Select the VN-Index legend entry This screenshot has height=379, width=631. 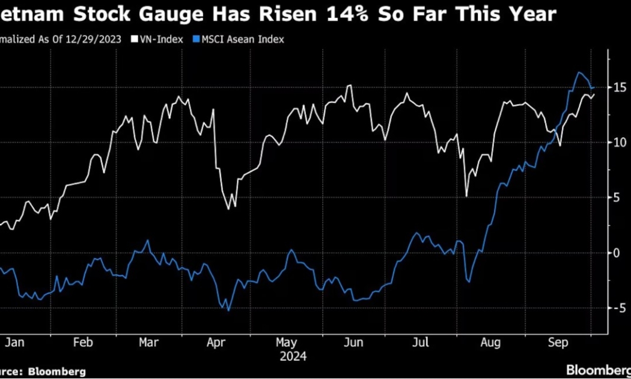click(162, 39)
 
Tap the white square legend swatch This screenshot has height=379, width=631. click(135, 39)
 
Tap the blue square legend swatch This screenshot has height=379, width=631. click(195, 39)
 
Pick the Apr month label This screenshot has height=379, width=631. click(215, 342)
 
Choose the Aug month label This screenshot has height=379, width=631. click(491, 342)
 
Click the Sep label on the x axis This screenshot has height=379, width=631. click(558, 342)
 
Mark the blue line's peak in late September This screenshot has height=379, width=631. click(579, 73)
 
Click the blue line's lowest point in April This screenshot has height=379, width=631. click(228, 310)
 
